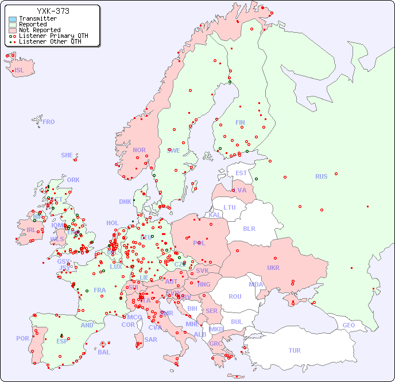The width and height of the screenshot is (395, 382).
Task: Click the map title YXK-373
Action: [x=53, y=11]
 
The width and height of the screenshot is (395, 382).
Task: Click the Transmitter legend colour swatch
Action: [x=13, y=18]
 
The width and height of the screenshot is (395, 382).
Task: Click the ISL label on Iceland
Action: [x=20, y=71]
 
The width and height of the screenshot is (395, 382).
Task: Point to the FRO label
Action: [x=49, y=122]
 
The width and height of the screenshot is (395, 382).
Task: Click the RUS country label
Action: [x=321, y=176]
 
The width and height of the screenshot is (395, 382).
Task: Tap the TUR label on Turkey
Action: [x=295, y=350]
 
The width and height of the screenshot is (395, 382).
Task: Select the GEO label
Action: [x=348, y=325]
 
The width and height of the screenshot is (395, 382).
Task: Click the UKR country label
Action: [x=273, y=268]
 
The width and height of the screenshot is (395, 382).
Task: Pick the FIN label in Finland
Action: [x=240, y=122]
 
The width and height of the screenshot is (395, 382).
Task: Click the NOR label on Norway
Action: [x=139, y=150]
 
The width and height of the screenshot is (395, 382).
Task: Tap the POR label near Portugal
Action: [x=22, y=338]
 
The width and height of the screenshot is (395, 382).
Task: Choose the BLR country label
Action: [x=249, y=228]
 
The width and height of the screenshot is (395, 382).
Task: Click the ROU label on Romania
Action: [x=235, y=296]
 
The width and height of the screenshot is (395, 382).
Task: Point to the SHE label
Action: [x=67, y=155]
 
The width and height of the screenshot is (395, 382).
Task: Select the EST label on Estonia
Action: [x=241, y=173]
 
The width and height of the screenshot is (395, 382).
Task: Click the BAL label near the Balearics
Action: [x=103, y=352]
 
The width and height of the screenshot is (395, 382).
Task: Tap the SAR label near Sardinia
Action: [x=151, y=339]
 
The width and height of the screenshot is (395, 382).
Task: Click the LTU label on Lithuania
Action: [x=230, y=207]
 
